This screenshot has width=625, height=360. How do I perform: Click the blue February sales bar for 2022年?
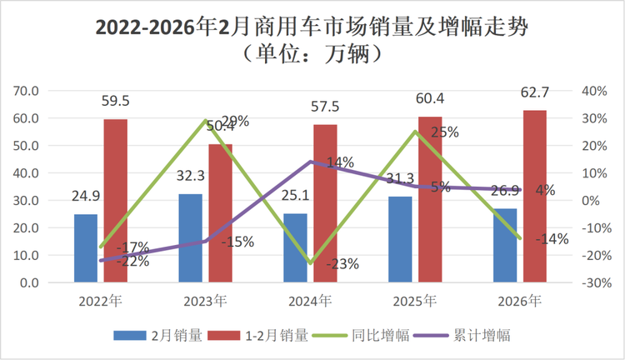point(85,248)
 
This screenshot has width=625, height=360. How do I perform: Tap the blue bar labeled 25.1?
point(295,247)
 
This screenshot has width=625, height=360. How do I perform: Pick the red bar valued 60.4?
point(430,199)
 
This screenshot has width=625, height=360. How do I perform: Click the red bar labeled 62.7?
point(535,196)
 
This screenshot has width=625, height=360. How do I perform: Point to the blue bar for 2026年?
point(505,245)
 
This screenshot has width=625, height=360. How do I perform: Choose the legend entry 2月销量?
point(157,336)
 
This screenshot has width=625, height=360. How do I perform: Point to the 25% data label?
point(446,132)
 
